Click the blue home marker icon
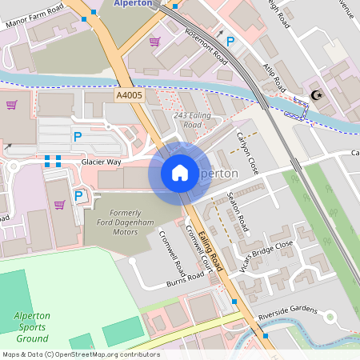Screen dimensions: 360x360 [x=180, y=172]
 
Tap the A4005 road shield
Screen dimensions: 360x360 [x=129, y=95]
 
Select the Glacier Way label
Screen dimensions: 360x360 [x=101, y=162]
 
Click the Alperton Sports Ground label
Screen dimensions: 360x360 [x=31, y=326]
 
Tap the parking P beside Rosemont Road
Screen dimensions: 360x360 [x=230, y=42]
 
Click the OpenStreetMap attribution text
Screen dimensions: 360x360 [x=80, y=354]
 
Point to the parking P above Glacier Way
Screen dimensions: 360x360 [x=78, y=138]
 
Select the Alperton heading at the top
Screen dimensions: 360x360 [x=134, y=3]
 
